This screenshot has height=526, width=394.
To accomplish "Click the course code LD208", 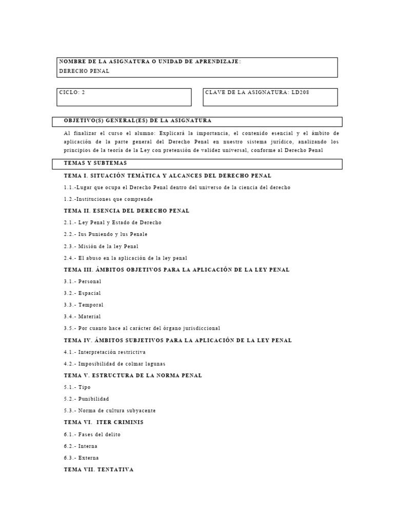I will [301, 92].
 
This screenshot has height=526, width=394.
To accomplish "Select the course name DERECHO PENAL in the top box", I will [84, 71].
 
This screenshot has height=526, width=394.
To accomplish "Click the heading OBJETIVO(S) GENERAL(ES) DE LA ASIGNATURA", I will [137, 121].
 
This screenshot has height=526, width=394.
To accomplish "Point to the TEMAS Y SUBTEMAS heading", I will [95, 163].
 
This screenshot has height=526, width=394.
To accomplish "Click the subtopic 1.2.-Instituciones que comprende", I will [108, 199].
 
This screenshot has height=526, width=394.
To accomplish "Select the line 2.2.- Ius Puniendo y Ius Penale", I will [106, 234].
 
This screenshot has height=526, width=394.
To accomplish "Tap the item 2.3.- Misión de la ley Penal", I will [101, 246].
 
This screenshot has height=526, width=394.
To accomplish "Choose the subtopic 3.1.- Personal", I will [83, 281].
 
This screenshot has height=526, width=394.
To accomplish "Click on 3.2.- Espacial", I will [82, 293].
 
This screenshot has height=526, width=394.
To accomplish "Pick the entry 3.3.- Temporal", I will [84, 305].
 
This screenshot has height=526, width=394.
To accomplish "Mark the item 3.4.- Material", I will [82, 316].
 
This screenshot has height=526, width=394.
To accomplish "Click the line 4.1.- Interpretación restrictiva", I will [105, 352].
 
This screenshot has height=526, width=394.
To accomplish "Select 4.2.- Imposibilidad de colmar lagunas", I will [111, 364].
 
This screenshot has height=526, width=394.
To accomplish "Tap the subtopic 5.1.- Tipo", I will [77, 387].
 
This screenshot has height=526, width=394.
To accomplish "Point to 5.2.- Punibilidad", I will [86, 399].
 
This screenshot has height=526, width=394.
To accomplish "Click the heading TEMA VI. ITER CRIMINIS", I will [104, 422].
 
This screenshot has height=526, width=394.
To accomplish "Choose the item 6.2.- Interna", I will [81, 446].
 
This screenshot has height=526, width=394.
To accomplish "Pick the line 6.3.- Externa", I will [81, 458].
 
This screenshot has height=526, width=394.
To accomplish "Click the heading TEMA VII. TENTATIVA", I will [98, 469].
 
